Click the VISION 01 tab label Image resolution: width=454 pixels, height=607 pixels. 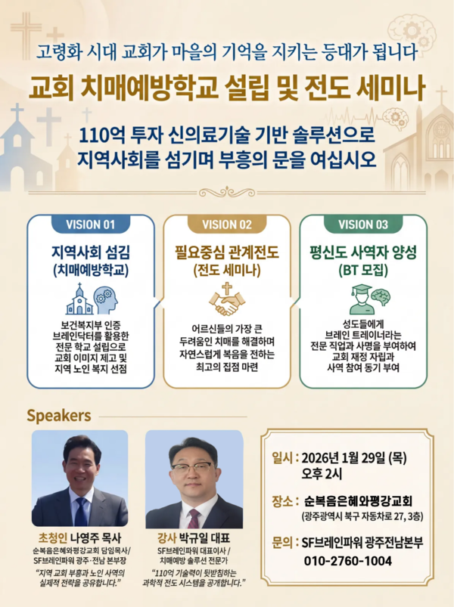(x=90, y=225)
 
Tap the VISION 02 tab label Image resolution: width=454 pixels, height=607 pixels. (x=227, y=225)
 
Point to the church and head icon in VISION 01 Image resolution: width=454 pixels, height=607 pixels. (x=90, y=300)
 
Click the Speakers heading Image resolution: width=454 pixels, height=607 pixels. (x=59, y=416)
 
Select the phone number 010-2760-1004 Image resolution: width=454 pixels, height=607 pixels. (x=347, y=561)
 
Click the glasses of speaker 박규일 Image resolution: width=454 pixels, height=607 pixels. (x=192, y=467)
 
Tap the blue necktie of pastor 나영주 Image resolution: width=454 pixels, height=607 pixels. (x=80, y=512)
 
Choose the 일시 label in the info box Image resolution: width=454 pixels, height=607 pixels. (x=283, y=458)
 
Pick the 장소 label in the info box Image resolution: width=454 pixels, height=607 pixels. (x=283, y=500)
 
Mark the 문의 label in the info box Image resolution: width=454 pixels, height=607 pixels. (x=283, y=543)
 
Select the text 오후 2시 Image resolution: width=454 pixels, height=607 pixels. (x=322, y=475)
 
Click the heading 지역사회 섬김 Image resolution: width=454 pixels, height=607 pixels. (x=90, y=252)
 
